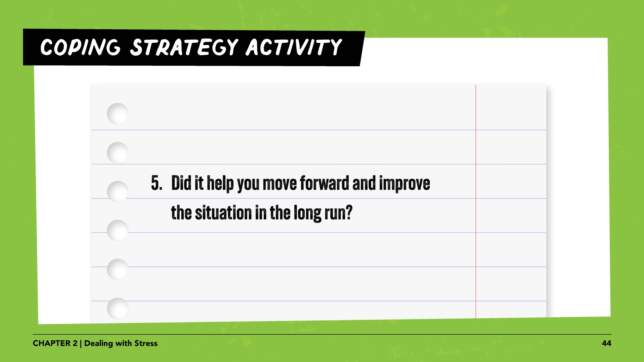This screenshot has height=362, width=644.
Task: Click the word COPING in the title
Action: [x=80, y=47]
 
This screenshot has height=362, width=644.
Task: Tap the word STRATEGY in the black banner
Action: [x=184, y=47]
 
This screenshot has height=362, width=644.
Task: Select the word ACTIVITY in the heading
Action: [x=294, y=47]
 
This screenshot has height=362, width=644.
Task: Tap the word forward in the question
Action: [x=325, y=183]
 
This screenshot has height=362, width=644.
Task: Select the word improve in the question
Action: [x=405, y=184]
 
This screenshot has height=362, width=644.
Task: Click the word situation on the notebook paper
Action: [x=223, y=212]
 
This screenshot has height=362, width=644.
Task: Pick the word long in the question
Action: [x=307, y=213]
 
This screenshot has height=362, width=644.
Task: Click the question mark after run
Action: [x=348, y=212]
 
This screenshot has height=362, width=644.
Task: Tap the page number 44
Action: [x=607, y=343]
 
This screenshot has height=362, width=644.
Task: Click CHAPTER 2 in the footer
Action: [x=55, y=343]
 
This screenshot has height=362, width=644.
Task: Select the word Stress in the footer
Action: [x=146, y=343]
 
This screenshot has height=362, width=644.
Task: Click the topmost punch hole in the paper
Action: [x=117, y=114]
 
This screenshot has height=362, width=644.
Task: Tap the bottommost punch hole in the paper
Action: [x=117, y=308]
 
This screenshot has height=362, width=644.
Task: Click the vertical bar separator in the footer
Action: [x=81, y=344]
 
